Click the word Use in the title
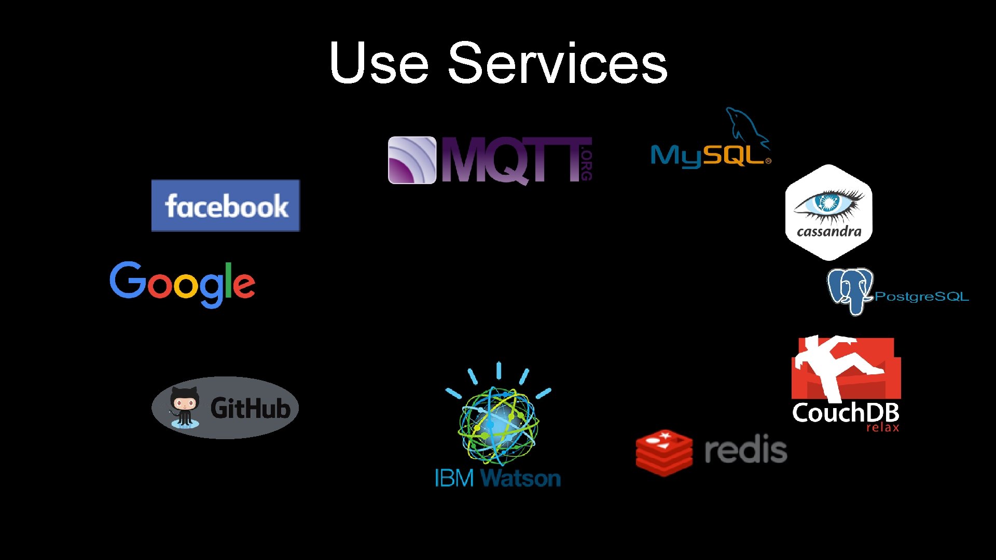379,63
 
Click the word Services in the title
558,63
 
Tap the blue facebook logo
226,205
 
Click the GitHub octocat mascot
184,407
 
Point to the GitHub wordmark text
250,409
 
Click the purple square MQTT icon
412,160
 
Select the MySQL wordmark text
708,156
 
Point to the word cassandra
829,232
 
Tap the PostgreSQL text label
922,297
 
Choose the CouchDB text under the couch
846,413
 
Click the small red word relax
883,428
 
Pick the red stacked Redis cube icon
664,452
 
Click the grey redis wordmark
745,450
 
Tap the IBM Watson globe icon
498,423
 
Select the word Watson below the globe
521,478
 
